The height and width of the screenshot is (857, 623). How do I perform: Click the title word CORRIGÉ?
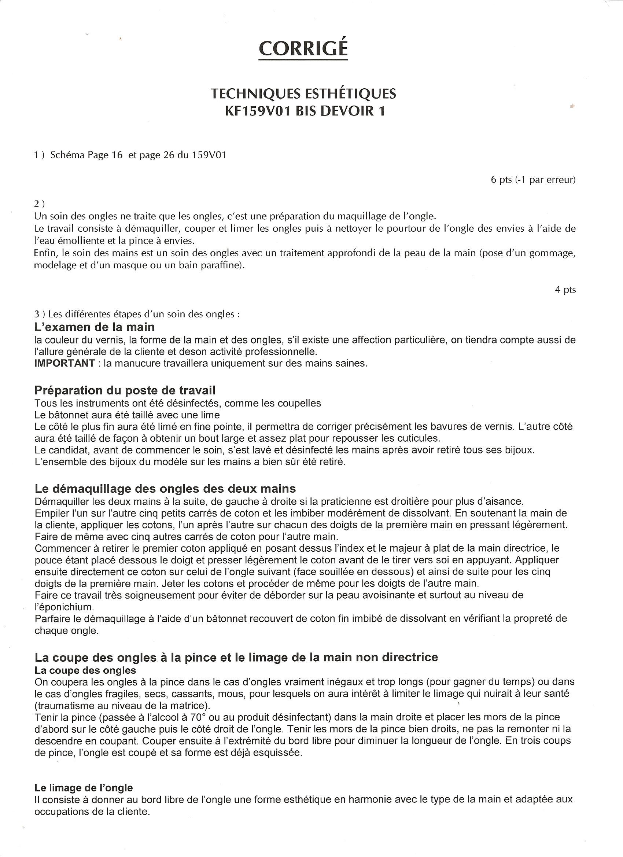pos(303,48)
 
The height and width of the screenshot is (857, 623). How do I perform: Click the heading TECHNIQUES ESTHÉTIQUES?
pos(303,93)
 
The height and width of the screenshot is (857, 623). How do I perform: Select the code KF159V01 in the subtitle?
pos(257,111)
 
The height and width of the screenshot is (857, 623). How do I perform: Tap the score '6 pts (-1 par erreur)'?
pos(533,180)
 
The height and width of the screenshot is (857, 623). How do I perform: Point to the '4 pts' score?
pos(565,290)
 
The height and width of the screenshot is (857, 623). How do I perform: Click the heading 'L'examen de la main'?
pos(95,327)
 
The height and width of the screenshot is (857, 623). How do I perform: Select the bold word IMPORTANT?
pos(64,363)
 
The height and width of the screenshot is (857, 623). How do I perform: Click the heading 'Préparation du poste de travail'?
pos(125,390)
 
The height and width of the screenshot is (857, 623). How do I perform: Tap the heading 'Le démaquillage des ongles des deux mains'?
pos(165,489)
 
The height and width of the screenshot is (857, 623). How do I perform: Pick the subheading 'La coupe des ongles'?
pos(85,670)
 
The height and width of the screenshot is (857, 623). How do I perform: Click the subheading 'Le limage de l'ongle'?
pos(84,788)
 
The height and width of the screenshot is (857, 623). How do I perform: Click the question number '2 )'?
pos(39,204)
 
